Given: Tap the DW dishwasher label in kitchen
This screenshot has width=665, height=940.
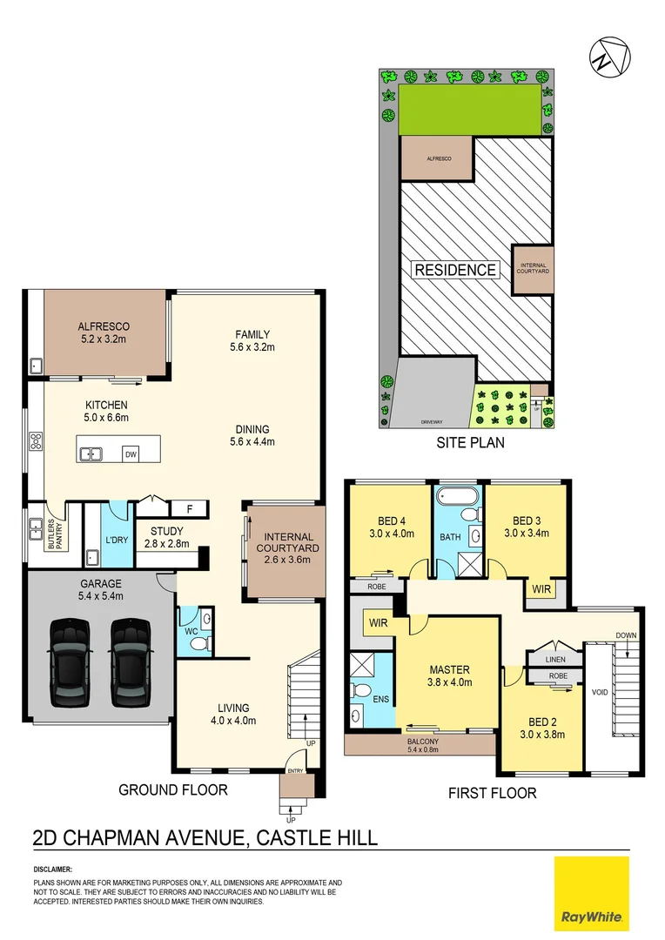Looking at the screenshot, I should [131, 454].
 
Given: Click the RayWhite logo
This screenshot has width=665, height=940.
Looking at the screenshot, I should [591, 894].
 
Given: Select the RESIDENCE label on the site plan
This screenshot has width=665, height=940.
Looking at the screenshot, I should [454, 270].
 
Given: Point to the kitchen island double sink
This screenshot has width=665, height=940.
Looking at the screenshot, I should [91, 453].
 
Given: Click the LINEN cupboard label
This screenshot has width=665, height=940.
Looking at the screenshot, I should [555, 660].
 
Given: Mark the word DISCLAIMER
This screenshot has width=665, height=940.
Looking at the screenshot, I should [53, 869].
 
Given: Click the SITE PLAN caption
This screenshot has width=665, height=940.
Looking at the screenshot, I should [470, 443].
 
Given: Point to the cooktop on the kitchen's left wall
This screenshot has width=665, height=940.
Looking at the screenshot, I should [36, 441].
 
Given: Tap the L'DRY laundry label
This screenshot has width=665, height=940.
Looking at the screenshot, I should [117, 540].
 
